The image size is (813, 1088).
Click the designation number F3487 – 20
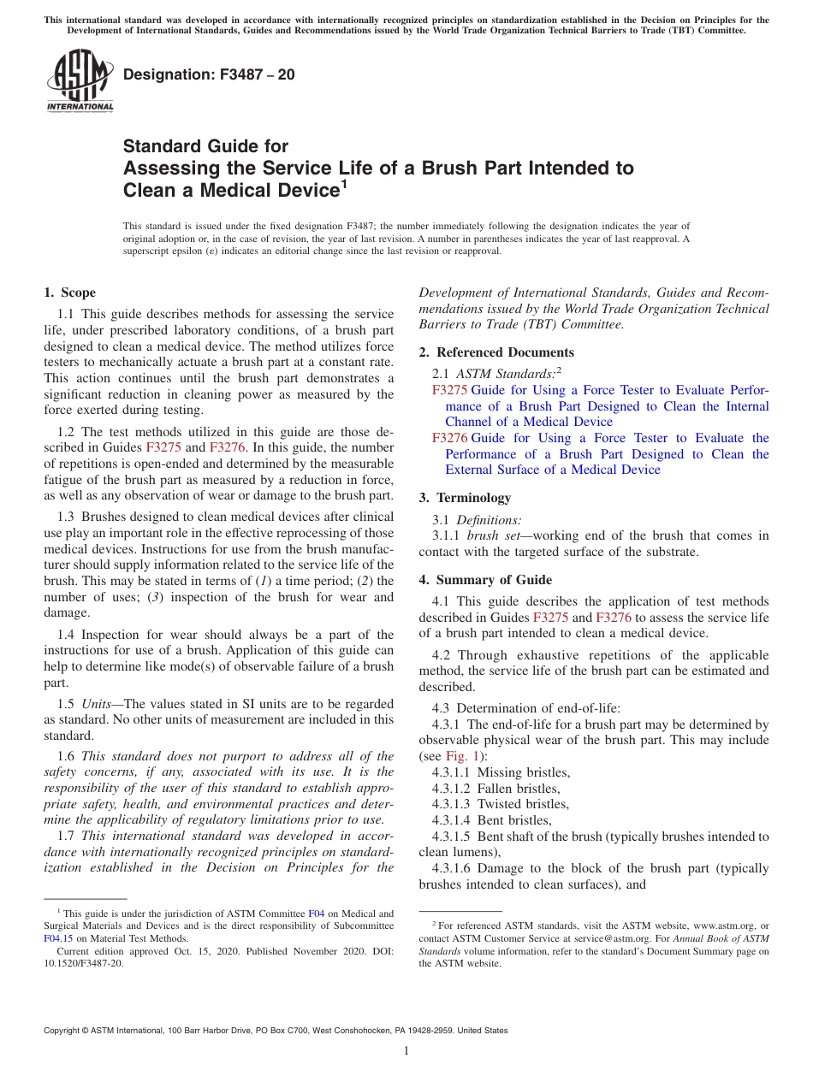(x=210, y=75)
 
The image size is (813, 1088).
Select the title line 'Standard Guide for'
(x=206, y=146)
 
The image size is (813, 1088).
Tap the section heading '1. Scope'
(x=70, y=293)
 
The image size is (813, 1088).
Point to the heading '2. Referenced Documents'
(x=496, y=352)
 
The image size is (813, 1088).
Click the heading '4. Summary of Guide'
(x=485, y=580)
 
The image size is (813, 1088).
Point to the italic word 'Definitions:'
(x=489, y=519)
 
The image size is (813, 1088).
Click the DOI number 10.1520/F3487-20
(x=83, y=963)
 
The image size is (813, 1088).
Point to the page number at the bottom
(x=406, y=1051)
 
